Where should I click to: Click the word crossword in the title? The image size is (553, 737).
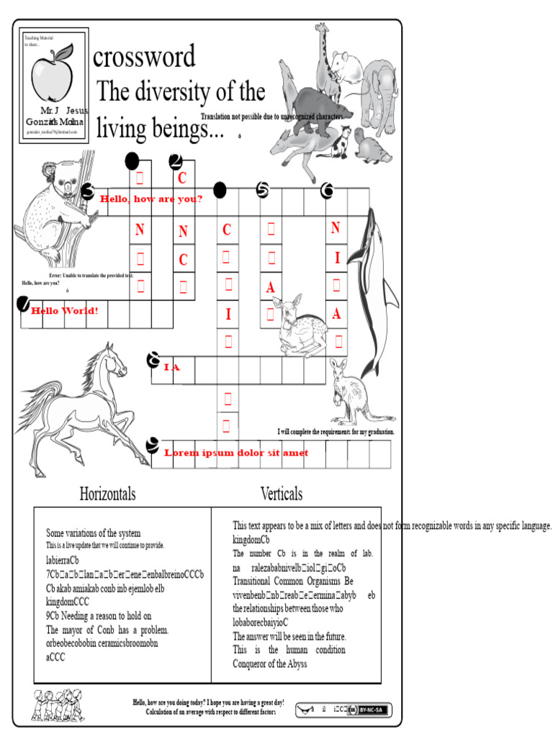[144, 57]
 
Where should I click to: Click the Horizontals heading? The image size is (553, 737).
[107, 494]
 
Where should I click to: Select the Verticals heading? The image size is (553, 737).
[281, 494]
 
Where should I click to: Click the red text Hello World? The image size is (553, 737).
[64, 311]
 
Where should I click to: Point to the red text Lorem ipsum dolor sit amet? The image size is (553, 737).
[236, 453]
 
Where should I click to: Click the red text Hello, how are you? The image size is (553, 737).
[151, 199]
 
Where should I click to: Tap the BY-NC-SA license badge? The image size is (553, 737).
[372, 710]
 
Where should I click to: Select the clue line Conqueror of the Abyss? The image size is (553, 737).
[269, 664]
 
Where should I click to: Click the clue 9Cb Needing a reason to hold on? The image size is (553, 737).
[99, 616]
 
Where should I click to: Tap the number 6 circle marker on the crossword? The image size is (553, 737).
[328, 190]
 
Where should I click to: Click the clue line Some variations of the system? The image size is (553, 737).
[94, 533]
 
